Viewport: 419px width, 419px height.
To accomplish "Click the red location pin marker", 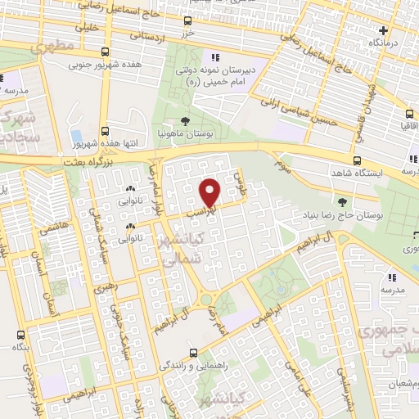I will point(210,191).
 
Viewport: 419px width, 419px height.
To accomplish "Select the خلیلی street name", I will point(87,27).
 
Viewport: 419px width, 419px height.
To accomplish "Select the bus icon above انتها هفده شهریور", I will point(105,131).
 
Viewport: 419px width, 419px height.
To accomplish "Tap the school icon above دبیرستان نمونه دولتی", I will point(215,57).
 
